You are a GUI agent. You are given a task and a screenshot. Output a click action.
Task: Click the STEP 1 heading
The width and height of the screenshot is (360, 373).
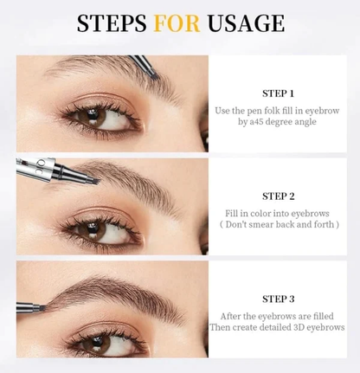tap(278, 93)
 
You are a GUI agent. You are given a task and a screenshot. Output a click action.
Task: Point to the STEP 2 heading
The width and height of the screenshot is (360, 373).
tap(278, 196)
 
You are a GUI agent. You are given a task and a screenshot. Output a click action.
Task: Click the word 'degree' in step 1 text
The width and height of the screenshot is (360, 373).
tap(283, 123)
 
